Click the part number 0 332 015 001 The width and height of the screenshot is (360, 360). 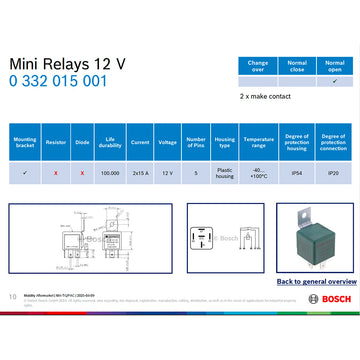57,82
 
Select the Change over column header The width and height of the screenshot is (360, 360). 258,67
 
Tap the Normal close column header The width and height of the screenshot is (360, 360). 296,67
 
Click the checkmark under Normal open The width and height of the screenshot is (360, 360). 334,82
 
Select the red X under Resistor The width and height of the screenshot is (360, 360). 56,172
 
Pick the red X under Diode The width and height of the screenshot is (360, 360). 81,172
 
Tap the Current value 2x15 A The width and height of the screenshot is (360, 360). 139,172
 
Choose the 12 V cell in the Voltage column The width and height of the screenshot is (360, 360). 168,172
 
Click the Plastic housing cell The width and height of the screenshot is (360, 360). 225,172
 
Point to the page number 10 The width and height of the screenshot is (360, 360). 12,297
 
